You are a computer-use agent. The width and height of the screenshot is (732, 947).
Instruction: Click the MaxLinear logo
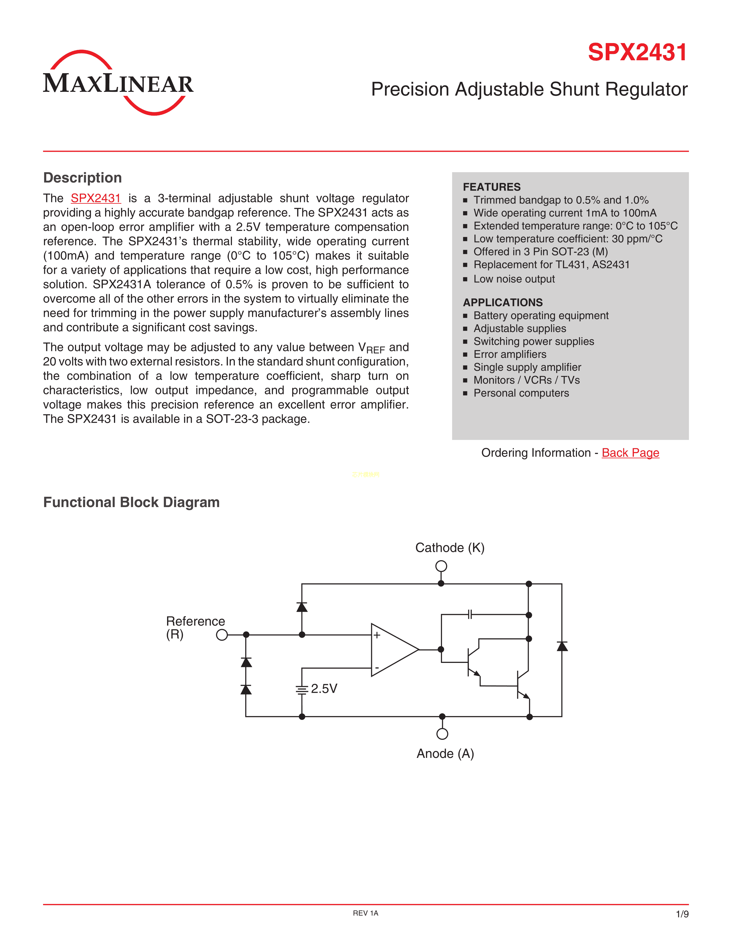[118, 82]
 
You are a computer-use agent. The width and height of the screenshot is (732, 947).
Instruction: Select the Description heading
[82, 178]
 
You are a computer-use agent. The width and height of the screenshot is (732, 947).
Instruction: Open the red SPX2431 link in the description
[96, 198]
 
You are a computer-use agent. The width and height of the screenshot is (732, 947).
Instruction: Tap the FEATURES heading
[491, 187]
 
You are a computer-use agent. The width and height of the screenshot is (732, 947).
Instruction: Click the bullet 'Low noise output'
[514, 279]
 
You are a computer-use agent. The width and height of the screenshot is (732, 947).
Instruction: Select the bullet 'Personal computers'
[521, 393]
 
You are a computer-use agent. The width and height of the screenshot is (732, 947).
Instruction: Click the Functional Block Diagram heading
[131, 502]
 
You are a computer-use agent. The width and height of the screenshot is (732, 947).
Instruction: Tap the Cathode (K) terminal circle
[441, 566]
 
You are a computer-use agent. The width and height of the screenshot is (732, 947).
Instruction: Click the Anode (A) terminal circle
[442, 734]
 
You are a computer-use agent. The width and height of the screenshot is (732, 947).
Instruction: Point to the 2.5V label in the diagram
[324, 688]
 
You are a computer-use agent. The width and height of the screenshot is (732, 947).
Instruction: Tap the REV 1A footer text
[365, 913]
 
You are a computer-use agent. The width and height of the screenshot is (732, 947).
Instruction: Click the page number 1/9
[682, 914]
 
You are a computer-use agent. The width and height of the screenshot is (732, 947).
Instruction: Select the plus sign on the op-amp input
[377, 635]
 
